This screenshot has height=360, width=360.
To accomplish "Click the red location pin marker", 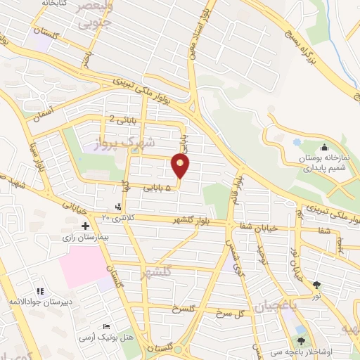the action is point(180,167).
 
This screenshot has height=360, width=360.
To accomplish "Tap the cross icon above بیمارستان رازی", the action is point(85,226).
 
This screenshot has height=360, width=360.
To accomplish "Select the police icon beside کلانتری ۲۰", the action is point(117,207).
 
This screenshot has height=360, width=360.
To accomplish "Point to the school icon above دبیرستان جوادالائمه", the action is point(39,291).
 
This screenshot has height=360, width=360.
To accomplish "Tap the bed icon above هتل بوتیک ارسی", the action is point(106,328).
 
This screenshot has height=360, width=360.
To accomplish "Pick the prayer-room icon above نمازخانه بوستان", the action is point(324,147).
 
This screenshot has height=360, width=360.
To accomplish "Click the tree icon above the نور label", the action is point(316,285).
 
